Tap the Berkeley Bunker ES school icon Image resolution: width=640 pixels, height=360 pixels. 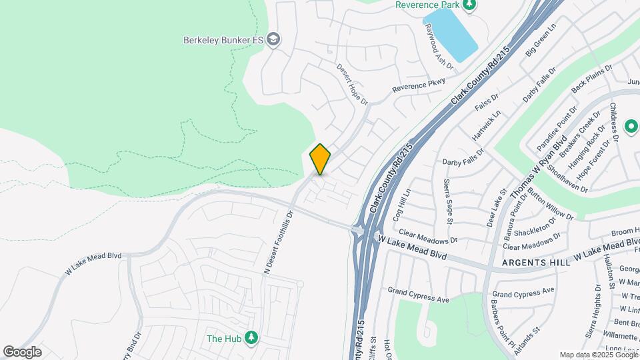(273, 39)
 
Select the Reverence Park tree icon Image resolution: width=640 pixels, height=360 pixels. (469, 5)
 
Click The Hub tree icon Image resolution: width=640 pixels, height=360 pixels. (251, 338)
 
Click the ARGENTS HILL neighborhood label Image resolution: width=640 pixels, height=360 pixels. (537, 263)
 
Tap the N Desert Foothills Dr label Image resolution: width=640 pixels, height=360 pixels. (279, 243)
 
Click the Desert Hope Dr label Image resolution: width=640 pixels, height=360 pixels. (352, 83)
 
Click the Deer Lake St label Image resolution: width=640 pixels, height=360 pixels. (494, 211)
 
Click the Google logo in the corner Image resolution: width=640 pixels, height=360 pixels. (22, 352)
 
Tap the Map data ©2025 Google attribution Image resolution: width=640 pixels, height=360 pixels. (598, 355)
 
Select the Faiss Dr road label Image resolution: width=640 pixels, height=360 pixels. (486, 101)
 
